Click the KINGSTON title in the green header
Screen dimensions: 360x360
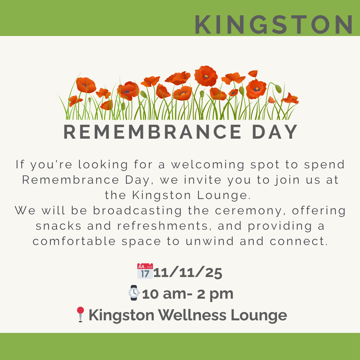click(x=273, y=25)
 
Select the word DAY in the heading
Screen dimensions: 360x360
click(x=275, y=132)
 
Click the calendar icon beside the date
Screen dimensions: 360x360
click(x=145, y=271)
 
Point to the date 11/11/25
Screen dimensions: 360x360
click(x=188, y=273)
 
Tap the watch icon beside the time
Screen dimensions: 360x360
click(x=134, y=293)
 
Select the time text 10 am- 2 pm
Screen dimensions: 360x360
click(x=188, y=294)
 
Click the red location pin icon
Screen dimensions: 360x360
click(x=80, y=314)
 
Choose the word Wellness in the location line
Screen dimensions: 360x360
click(x=192, y=315)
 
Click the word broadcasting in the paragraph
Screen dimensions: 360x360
click(x=137, y=211)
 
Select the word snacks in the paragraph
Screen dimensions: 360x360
click(x=59, y=226)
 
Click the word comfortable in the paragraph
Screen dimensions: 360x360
click(x=74, y=241)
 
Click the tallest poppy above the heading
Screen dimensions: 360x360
click(x=206, y=76)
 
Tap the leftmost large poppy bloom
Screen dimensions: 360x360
click(x=86, y=85)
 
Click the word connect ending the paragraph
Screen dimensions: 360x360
click(x=298, y=241)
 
